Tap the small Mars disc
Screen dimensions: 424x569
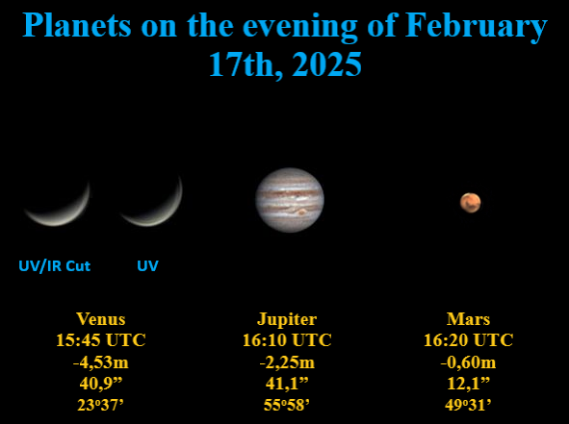pyautogui.click(x=470, y=202)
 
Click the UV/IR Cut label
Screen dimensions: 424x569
pyautogui.click(x=54, y=265)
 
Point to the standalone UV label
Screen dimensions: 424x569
pyautogui.click(x=147, y=265)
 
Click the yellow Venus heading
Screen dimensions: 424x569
pyautogui.click(x=100, y=319)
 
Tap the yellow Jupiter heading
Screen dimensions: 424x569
pyautogui.click(x=287, y=319)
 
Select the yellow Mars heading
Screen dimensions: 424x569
pyautogui.click(x=469, y=319)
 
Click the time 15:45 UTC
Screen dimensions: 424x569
pyautogui.click(x=100, y=340)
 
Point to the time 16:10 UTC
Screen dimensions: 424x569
pyautogui.click(x=287, y=340)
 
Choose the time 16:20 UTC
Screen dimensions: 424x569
pyautogui.click(x=469, y=340)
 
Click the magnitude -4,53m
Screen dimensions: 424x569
pyautogui.click(x=100, y=362)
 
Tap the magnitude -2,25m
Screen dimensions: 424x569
pyautogui.click(x=287, y=362)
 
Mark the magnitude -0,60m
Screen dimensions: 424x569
pyautogui.click(x=469, y=362)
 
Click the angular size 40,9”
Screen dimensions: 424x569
pyautogui.click(x=100, y=383)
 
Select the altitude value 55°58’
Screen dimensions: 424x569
pyautogui.click(x=287, y=404)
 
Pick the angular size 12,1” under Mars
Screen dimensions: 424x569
pyautogui.click(x=469, y=383)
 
